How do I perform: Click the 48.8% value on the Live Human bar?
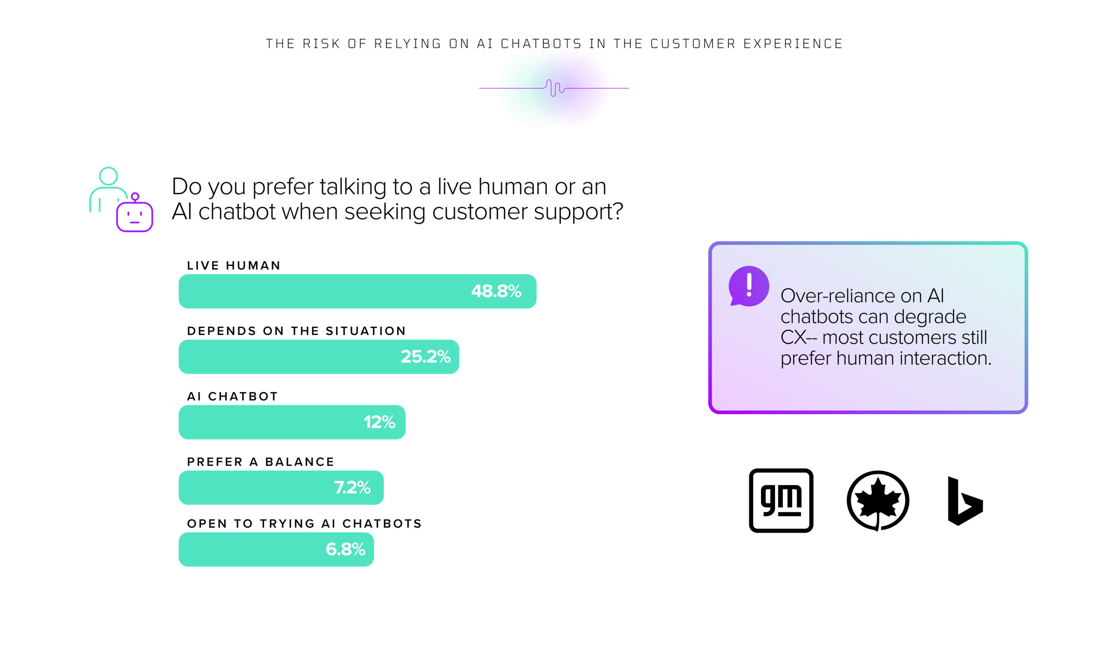click(496, 291)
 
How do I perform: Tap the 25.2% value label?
click(425, 357)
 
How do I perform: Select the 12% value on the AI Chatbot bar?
click(379, 422)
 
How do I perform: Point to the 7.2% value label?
click(352, 488)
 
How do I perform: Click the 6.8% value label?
click(345, 549)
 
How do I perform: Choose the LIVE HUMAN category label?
click(234, 266)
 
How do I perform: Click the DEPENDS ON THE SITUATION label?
click(296, 331)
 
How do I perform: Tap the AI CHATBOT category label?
click(232, 396)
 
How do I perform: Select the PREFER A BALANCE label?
click(261, 462)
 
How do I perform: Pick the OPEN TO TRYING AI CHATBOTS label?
click(304, 523)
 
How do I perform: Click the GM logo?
click(781, 501)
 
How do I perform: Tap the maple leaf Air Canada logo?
click(878, 501)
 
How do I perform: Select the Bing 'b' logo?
click(965, 501)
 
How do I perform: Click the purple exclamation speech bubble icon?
click(749, 286)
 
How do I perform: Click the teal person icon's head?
click(108, 176)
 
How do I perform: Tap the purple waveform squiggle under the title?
click(554, 88)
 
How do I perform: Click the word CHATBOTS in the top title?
click(541, 44)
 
